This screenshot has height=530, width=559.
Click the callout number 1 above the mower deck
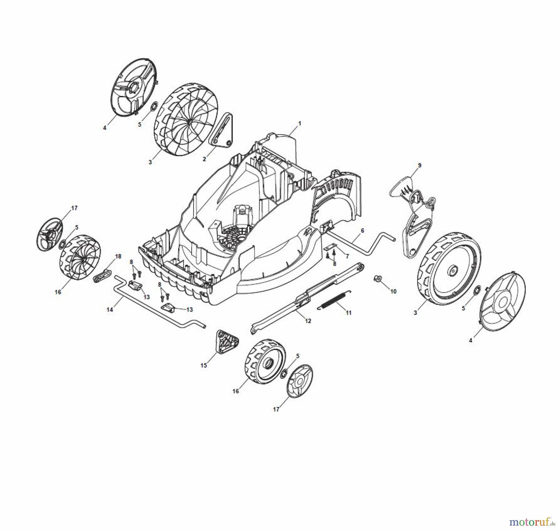tap(300, 123)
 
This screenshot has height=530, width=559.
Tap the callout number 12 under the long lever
tap(308, 321)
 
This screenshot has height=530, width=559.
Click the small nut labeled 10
tap(376, 278)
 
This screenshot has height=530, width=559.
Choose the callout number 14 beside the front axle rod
tap(110, 310)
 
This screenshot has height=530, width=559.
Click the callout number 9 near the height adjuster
tap(420, 165)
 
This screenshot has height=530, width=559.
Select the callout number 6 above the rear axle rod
tap(362, 231)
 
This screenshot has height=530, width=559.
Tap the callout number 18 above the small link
tap(118, 256)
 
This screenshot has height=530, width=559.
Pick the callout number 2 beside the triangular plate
tap(204, 159)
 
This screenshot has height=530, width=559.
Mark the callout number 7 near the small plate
tap(347, 256)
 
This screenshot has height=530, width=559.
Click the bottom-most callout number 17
tap(276, 409)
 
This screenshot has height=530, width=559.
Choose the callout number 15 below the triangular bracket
tap(203, 365)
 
